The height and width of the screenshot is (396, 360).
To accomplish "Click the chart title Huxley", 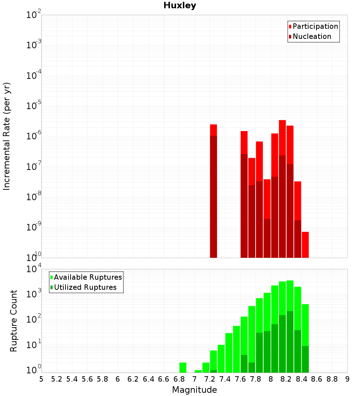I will click(x=180, y=5).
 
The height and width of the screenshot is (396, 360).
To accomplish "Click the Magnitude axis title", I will click(x=194, y=390).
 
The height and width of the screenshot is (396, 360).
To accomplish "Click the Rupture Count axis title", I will click(x=14, y=321).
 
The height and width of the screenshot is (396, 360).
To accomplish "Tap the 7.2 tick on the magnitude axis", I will click(x=210, y=379).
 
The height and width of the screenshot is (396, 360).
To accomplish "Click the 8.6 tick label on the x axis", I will click(x=317, y=379).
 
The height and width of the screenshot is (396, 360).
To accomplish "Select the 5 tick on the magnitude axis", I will click(x=41, y=379).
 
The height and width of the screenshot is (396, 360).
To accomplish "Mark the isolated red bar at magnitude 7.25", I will click(x=213, y=191).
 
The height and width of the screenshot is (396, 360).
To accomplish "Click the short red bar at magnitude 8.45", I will click(x=305, y=245).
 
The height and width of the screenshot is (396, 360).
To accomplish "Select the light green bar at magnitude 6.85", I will click(x=183, y=368).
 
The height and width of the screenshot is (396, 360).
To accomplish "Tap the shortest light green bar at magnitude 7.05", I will click(x=198, y=371).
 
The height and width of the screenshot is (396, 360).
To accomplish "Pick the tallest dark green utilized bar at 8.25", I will click(x=290, y=342).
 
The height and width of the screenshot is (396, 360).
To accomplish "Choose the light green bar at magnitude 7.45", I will click(x=229, y=353).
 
